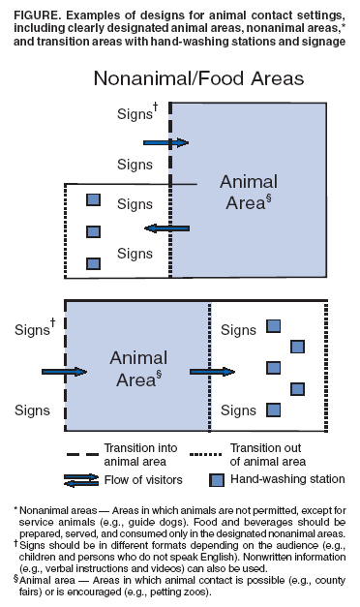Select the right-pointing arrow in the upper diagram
(165, 142)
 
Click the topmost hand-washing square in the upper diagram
(93, 200)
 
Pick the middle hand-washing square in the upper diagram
(93, 232)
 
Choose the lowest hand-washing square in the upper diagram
(93, 263)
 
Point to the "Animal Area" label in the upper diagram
(248, 192)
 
